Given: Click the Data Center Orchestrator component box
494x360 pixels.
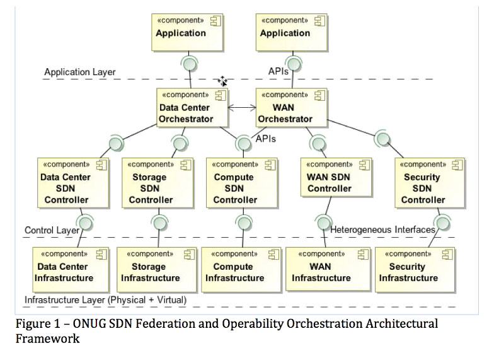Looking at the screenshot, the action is click(x=192, y=108).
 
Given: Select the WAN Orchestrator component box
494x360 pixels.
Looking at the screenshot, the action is click(x=291, y=108).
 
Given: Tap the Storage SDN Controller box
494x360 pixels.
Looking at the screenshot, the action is click(x=158, y=183).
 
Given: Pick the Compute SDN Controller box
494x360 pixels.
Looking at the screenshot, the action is click(x=242, y=183).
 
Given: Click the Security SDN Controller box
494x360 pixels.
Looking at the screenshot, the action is click(x=430, y=183).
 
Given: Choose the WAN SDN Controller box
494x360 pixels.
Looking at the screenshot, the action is click(x=336, y=178).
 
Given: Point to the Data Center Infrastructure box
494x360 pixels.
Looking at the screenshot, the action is click(x=71, y=270).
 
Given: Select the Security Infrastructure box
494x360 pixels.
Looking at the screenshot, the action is click(x=415, y=270).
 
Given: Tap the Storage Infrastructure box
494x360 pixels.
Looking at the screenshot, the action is click(x=156, y=270).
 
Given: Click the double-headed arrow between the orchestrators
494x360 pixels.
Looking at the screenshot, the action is click(x=242, y=108).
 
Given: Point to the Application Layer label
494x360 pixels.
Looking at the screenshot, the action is click(x=80, y=72).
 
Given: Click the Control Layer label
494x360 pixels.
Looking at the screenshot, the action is click(x=52, y=230).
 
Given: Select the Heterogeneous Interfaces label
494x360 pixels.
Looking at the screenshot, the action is click(x=382, y=229).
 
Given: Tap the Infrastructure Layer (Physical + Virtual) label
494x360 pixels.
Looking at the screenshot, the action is click(x=106, y=300).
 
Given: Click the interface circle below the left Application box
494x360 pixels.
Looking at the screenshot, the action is click(x=190, y=64).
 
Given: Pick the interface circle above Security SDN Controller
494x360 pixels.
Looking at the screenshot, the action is click(x=383, y=139).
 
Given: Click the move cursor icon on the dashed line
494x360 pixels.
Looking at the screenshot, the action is click(x=222, y=81).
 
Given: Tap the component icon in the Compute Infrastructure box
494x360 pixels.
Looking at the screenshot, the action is click(x=273, y=255).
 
